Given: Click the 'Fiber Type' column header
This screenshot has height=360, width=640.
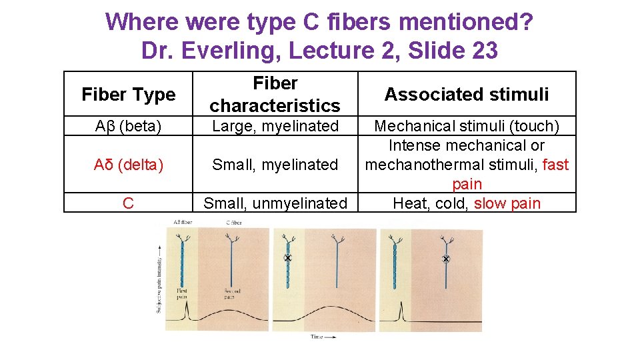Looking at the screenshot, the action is tap(128, 95).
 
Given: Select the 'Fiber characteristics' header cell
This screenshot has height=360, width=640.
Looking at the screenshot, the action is tap(275, 94).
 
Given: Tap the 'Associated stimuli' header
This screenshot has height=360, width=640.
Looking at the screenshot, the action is tap(467, 95).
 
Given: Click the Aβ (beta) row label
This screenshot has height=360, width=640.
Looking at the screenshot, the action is tap(128, 126).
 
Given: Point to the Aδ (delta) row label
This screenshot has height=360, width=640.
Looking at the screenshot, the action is tap(128, 165).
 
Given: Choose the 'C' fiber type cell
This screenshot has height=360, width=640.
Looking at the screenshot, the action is tap(128, 203).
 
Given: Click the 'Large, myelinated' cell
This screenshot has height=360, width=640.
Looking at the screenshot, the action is tap(275, 126).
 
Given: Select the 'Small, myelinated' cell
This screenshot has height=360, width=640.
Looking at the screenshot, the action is tap(275, 165).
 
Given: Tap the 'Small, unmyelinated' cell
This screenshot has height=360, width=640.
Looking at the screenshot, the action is tap(275, 203).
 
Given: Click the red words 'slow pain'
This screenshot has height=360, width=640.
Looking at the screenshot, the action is tap(507, 203).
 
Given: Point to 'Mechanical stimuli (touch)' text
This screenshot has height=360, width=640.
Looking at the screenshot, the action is tap(467, 126).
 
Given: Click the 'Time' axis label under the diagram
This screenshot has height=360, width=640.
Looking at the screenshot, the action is tap(317, 337).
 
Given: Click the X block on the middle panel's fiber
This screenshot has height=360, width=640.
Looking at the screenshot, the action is tap(288, 257).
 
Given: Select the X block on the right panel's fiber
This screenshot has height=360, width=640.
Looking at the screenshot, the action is tap(445, 259).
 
